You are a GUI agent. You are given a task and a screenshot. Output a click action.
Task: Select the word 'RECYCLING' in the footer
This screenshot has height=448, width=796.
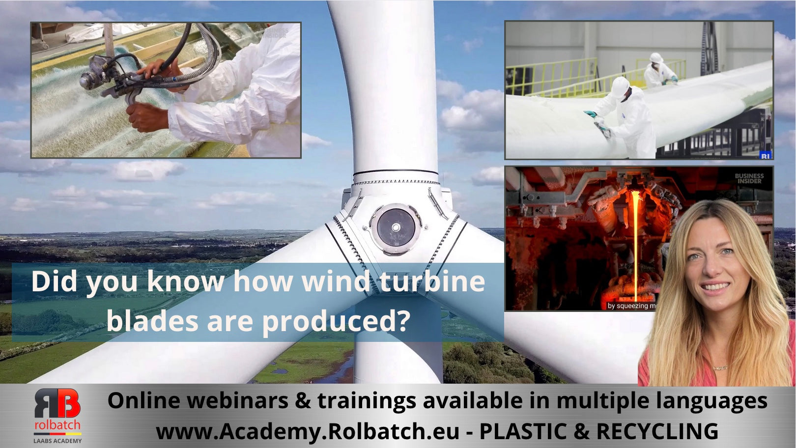coord(657,431)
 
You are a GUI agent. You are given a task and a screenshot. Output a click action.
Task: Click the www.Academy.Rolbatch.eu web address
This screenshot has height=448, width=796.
coord(308,431)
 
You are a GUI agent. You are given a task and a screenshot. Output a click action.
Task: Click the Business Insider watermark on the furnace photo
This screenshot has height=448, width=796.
coord(749,178)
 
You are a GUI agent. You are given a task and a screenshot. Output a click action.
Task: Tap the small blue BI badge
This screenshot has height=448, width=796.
coord(765,155)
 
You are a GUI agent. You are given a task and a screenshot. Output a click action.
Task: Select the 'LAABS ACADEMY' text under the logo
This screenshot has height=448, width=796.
coord(57,441)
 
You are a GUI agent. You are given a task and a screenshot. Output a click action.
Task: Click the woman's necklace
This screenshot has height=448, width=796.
coord(720,367)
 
